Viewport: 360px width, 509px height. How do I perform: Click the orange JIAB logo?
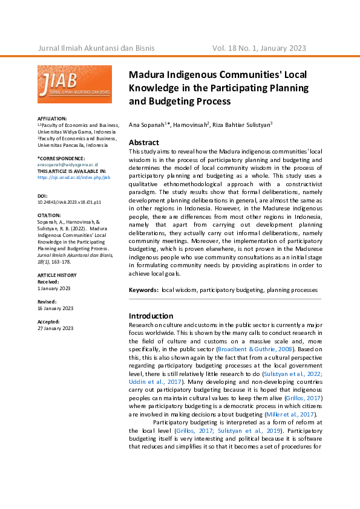coord(74,84)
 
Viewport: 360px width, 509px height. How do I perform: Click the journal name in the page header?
coord(96,48)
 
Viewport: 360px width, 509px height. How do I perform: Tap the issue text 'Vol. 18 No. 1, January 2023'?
coord(259,48)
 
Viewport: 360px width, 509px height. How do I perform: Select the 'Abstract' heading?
coord(144,143)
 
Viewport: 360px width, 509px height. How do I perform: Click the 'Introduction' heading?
coord(151,316)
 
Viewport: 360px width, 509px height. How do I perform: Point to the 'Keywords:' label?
coord(143,290)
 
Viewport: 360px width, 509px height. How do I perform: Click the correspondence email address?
coord(68,164)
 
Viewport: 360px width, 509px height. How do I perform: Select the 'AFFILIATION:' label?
coord(52,118)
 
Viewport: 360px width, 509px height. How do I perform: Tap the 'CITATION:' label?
coord(50,215)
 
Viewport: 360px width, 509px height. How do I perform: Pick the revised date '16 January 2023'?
coord(56,308)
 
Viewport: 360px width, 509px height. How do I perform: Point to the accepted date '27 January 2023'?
coord(56,328)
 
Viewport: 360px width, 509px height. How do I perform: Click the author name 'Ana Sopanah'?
coord(146,124)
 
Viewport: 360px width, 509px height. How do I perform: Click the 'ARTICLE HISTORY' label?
coord(57,275)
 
